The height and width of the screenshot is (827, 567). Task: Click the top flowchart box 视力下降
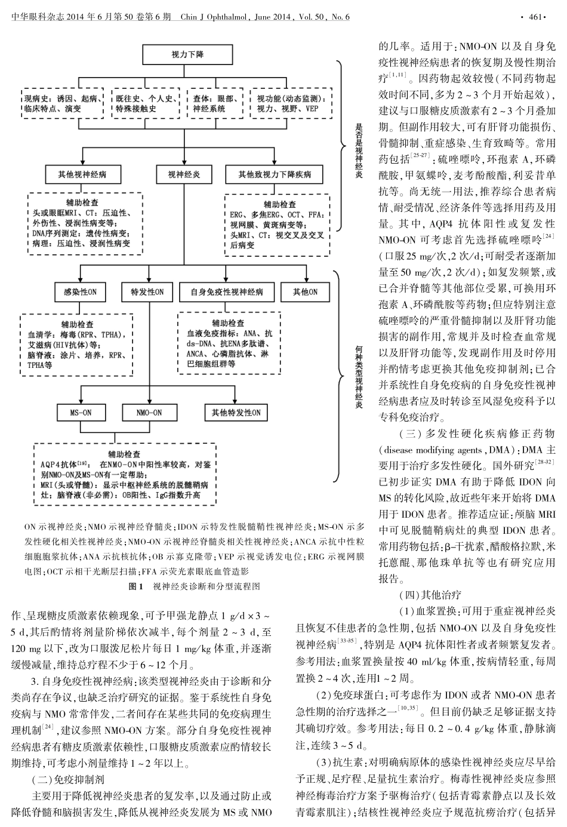(x=178, y=56)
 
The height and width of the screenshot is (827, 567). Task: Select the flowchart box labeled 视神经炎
(x=178, y=175)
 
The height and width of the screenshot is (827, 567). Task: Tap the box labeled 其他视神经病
(x=82, y=175)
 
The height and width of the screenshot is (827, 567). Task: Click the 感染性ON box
(x=80, y=293)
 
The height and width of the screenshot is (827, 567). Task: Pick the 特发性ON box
(x=147, y=293)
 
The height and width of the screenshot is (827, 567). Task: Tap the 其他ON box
(x=305, y=293)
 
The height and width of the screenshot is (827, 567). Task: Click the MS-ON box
(x=80, y=413)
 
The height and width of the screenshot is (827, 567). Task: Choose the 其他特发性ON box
(x=233, y=413)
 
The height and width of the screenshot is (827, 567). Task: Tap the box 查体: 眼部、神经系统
(x=214, y=103)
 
